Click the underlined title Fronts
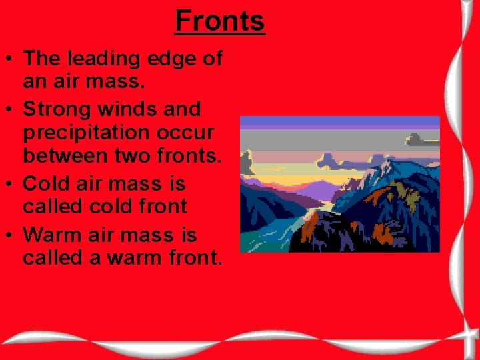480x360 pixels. tap(220, 21)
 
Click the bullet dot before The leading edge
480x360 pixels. tap(11, 59)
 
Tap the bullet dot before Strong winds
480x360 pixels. tap(11, 109)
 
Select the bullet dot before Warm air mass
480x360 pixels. tap(11, 235)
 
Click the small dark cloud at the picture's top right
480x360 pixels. tap(423, 140)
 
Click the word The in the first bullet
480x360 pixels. tap(42, 59)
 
